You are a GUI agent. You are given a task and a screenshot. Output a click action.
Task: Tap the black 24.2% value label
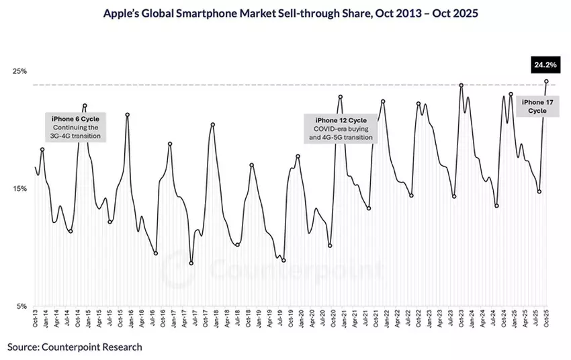coord(545,65)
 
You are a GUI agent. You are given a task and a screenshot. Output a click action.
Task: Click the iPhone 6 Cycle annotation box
coord(75,127)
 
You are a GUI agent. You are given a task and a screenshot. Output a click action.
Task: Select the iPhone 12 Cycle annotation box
coord(339,128)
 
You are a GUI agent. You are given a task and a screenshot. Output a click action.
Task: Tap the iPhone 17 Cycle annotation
coord(537,105)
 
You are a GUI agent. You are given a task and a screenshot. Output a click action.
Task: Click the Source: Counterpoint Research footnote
coord(75,347)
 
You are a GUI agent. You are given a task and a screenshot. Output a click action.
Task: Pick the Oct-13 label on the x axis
coord(35,321)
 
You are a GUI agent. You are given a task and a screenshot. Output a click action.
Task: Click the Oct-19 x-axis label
coord(290,321)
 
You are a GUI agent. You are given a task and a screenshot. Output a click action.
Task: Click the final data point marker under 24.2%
coord(546,81)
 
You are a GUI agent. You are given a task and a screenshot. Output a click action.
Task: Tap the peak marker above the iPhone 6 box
coord(85,105)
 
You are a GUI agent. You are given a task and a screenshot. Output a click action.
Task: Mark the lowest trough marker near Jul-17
coord(191,263)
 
